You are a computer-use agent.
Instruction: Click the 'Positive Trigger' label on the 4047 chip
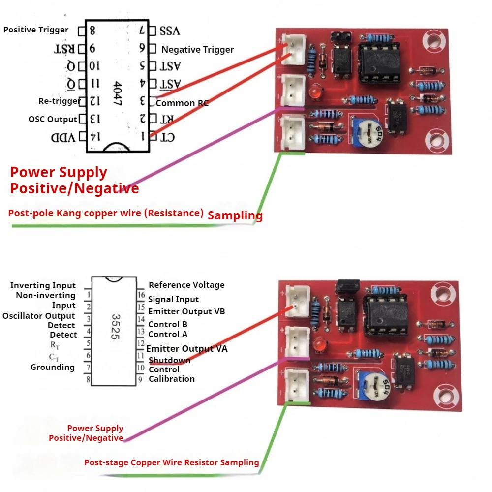pyautogui.click(x=36, y=30)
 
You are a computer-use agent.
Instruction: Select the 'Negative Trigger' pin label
pyautogui.click(x=197, y=50)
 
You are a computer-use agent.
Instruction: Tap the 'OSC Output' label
pyautogui.click(x=53, y=119)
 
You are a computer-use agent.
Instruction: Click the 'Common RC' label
pyautogui.click(x=182, y=103)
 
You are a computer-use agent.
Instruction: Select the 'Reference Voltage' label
pyautogui.click(x=186, y=285)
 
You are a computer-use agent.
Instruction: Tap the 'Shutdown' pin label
pyautogui.click(x=169, y=360)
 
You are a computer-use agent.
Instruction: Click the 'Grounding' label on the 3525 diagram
pyautogui.click(x=53, y=367)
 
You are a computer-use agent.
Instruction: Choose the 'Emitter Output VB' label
pyautogui.click(x=186, y=311)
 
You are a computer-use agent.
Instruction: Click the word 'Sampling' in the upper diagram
pyautogui.click(x=235, y=215)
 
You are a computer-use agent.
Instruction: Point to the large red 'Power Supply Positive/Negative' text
pyautogui.click(x=74, y=180)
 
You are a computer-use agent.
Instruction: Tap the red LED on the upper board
pyautogui.click(x=315, y=92)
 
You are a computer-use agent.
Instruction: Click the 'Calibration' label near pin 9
pyautogui.click(x=172, y=379)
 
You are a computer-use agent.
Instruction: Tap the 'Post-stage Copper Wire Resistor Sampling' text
pyautogui.click(x=171, y=462)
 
